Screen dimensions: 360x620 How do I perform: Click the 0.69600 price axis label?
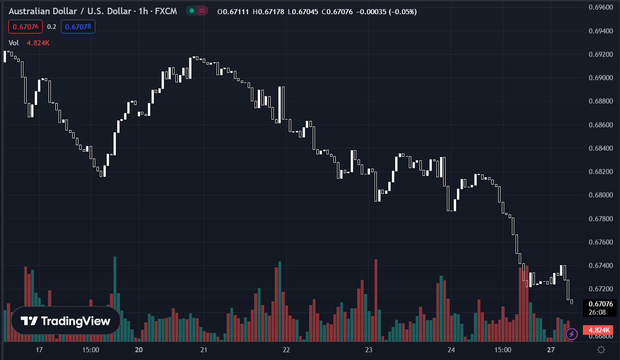pyautogui.click(x=600, y=7)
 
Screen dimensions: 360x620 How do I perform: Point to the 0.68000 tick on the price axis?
pyautogui.click(x=600, y=195)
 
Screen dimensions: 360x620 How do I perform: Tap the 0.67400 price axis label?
pyautogui.click(x=600, y=266)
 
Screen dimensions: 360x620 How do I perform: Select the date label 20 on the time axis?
pyautogui.click(x=139, y=350)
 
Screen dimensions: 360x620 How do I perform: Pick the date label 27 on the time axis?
pyautogui.click(x=551, y=350)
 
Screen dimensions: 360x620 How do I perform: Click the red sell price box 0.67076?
pyautogui.click(x=25, y=27)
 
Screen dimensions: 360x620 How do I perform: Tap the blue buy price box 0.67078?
pyautogui.click(x=78, y=27)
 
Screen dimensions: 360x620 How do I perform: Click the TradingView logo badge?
pyautogui.click(x=65, y=321)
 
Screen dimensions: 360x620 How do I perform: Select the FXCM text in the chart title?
pyautogui.click(x=165, y=11)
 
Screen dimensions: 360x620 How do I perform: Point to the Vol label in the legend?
pyautogui.click(x=14, y=43)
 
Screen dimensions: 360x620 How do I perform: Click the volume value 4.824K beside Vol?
pyautogui.click(x=38, y=43)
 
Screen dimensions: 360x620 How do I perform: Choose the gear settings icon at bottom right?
pyautogui.click(x=601, y=350)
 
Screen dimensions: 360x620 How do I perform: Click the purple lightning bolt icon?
pyautogui.click(x=571, y=334)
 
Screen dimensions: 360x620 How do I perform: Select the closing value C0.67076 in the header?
pyautogui.click(x=337, y=11)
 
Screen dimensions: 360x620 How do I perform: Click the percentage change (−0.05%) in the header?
pyautogui.click(x=402, y=11)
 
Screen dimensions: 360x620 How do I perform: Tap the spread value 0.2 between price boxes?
pyautogui.click(x=51, y=27)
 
